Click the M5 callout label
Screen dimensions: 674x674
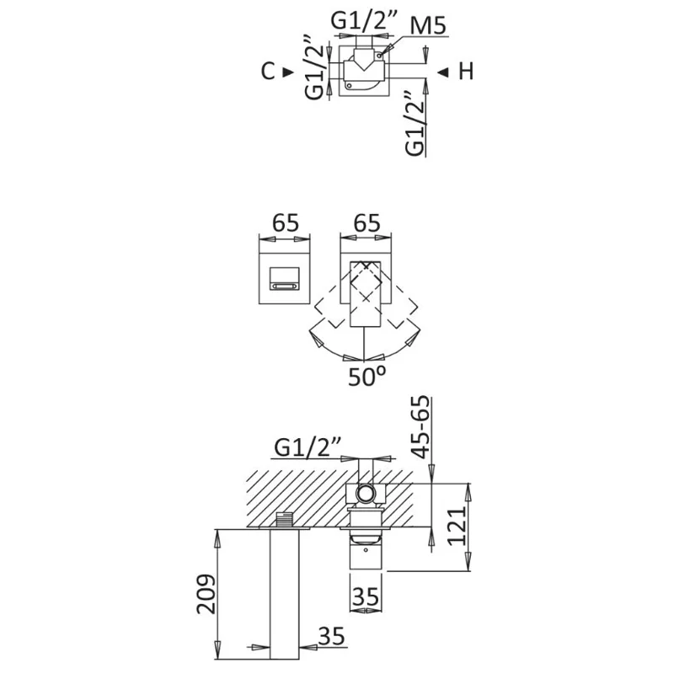tap(428, 27)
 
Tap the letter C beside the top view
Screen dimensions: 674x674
tap(268, 72)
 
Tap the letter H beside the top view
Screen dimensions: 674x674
tap(466, 72)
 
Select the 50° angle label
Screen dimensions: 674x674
tap(366, 377)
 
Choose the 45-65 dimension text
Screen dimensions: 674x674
tap(420, 427)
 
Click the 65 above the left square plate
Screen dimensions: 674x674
tap(286, 223)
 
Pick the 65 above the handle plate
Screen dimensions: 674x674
tap(366, 223)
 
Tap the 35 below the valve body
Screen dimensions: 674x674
tap(366, 596)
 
